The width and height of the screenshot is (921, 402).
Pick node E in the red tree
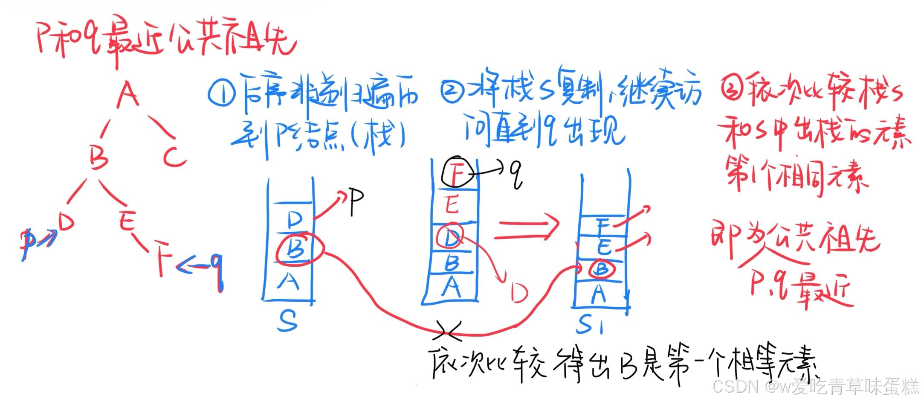[x=127, y=221]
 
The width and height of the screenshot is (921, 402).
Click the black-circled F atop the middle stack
[x=456, y=173]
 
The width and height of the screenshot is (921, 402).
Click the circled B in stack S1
[x=601, y=269]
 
